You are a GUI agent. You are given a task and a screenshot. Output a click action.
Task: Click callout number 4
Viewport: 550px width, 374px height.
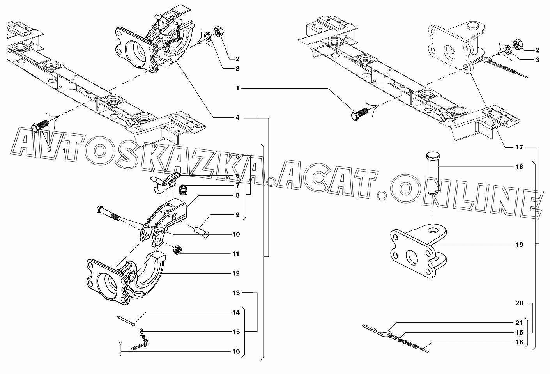(237, 118)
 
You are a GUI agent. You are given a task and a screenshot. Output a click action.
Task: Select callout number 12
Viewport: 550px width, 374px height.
(236, 273)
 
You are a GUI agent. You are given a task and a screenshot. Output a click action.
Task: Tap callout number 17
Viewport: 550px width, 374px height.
(519, 147)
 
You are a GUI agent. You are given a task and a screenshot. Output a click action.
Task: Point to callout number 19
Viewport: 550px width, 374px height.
(519, 245)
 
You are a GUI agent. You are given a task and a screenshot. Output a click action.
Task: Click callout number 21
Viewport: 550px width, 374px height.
(519, 323)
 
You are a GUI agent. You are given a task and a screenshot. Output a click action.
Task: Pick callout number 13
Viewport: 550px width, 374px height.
(236, 293)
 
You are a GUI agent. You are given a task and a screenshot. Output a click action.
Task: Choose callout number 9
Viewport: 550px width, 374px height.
(237, 215)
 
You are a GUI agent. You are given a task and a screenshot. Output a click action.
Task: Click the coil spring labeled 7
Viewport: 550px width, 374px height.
(183, 190)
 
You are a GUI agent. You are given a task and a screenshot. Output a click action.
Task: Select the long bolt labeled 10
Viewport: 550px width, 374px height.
(108, 214)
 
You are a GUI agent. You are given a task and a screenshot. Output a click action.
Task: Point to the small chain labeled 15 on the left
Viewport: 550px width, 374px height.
(139, 340)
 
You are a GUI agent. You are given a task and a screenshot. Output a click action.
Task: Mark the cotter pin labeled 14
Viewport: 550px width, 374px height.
(126, 321)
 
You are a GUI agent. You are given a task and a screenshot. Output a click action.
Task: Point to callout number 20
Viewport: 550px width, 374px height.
(519, 303)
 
